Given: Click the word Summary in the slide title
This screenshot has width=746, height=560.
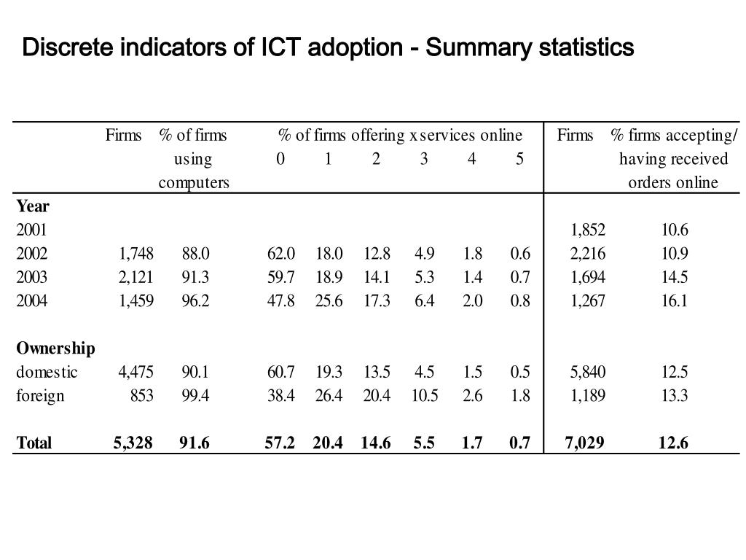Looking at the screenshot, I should coord(477,48).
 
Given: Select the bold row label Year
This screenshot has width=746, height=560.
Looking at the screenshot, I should coord(33,206).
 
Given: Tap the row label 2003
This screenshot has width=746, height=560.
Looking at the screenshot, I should coord(32,277).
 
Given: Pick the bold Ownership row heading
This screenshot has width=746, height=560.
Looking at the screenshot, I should coord(55,348).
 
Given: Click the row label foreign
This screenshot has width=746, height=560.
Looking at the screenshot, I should coord(40,395).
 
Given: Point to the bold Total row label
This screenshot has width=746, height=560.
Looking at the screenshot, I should coord(34,443).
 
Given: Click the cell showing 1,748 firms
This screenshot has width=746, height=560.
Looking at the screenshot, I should coord(136,254).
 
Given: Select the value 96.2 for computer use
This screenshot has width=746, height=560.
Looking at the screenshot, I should coord(195,300).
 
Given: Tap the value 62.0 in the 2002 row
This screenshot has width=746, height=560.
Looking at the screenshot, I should coord(281,254).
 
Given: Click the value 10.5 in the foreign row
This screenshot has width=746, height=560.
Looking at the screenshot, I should coord(424,395).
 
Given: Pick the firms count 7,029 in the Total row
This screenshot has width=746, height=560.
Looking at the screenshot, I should coord(584,443).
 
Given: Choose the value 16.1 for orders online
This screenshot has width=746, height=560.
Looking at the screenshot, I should coord(674,300).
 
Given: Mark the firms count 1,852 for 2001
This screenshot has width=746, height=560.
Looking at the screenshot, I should coord(588,230).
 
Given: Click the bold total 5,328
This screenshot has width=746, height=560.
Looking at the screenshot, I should coord(133,443).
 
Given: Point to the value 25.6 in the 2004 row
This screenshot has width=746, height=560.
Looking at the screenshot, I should coord(329,300).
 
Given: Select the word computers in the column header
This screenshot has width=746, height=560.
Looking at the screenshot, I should coord(194,182).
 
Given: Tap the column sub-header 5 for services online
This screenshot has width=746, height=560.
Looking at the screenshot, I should coord(519,159).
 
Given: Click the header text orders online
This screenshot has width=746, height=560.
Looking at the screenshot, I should coord(673,182).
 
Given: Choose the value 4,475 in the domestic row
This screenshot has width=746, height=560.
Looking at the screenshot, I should coord(136,372).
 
